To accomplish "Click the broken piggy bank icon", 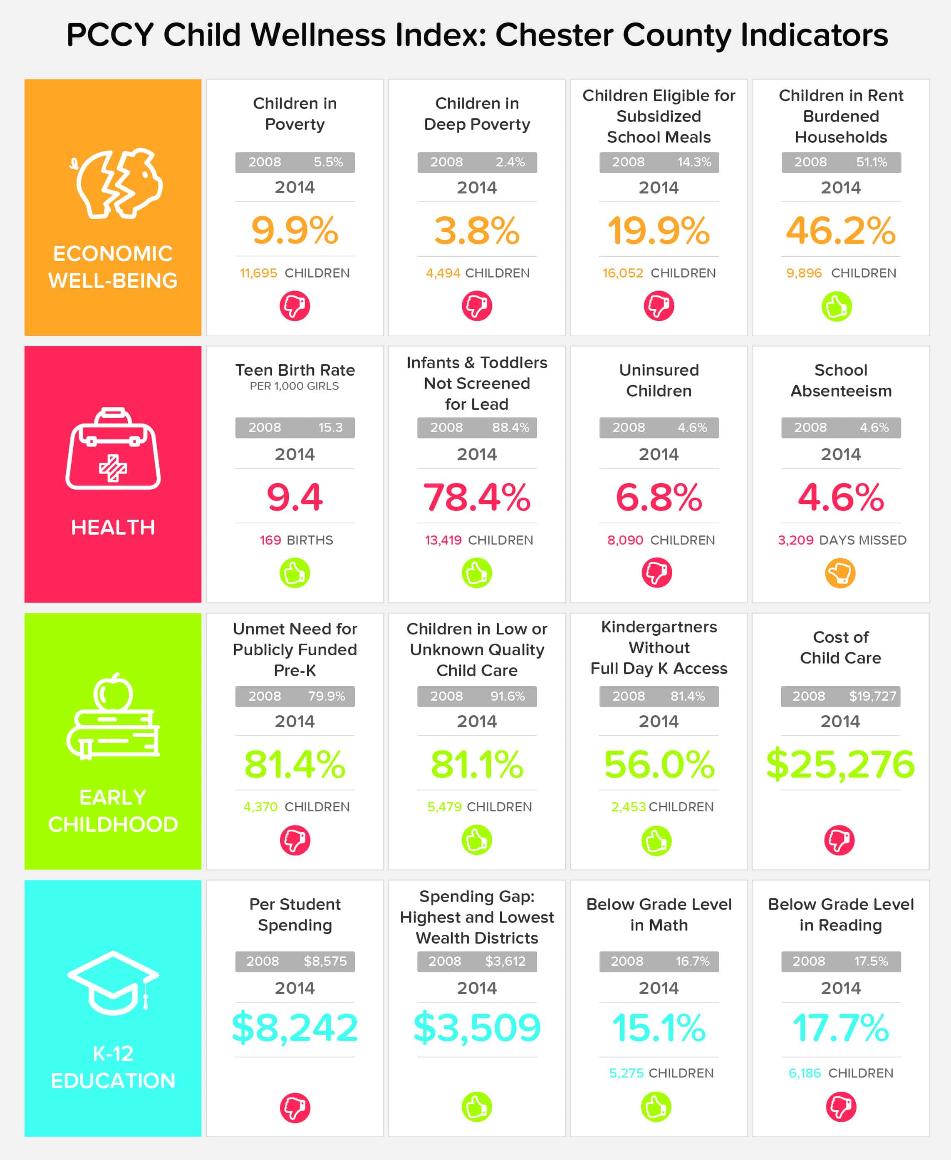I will point(116,183).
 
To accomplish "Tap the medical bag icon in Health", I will point(113,449).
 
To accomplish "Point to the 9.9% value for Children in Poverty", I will point(295,230).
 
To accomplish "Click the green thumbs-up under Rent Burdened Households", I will point(837,306).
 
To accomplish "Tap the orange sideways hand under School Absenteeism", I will point(840,573).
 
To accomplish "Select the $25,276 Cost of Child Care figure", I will point(840,764).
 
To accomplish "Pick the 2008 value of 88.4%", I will point(510,427).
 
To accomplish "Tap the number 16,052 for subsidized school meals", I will point(622,273).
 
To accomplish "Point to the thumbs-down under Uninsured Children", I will point(657,573).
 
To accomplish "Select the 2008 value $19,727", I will point(872,696).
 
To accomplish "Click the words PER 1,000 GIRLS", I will point(294,386).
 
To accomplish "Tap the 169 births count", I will point(270,540).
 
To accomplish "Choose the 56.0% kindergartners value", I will point(659,764).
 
